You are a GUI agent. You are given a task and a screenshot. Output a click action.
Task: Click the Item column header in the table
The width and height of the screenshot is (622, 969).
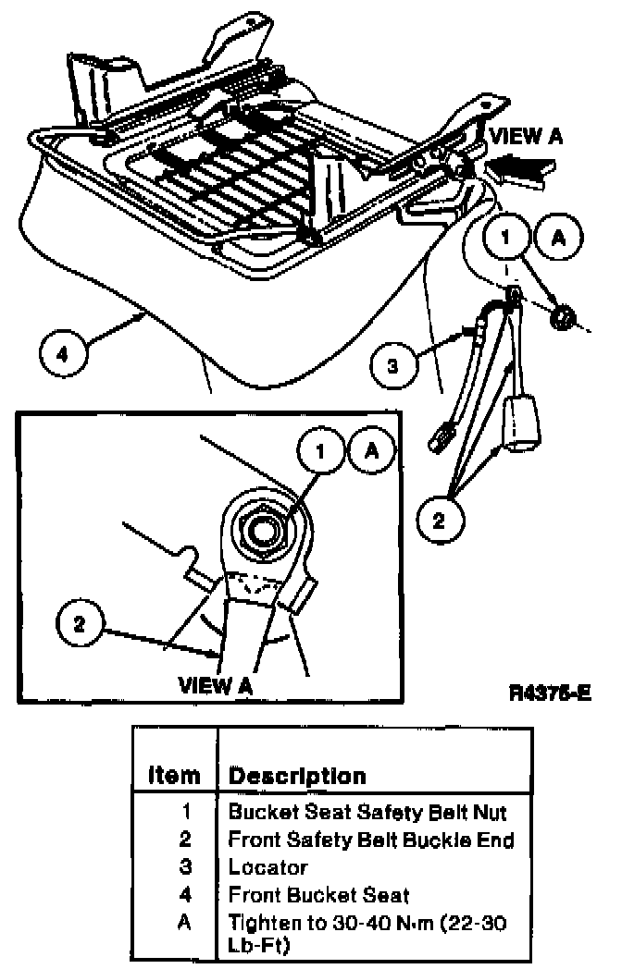(x=174, y=776)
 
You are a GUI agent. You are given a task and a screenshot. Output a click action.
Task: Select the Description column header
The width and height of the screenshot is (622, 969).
(x=297, y=776)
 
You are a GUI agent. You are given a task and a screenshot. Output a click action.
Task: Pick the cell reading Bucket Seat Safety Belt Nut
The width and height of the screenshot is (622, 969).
(x=367, y=813)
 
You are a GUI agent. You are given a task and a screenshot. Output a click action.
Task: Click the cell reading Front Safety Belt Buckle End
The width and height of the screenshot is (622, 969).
(x=370, y=840)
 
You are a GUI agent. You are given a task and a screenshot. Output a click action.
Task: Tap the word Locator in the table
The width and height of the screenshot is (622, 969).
(x=267, y=867)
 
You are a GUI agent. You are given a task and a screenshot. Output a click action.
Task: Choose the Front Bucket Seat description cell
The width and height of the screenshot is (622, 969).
(x=318, y=895)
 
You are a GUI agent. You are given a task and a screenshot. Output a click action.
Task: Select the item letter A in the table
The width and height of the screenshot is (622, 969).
(x=186, y=923)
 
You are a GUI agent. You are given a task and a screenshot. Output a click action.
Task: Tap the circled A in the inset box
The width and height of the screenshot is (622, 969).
(x=371, y=451)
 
